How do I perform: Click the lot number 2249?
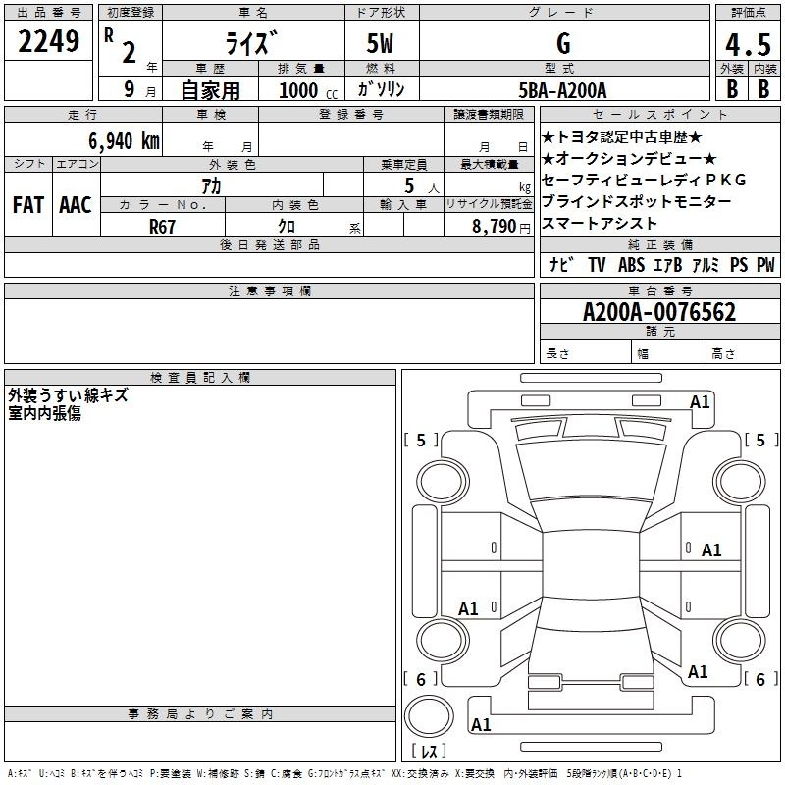pyautogui.click(x=48, y=41)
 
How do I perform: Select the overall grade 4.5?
pyautogui.click(x=748, y=44)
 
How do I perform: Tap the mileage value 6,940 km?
pyautogui.click(x=125, y=141)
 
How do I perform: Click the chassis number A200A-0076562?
pyautogui.click(x=659, y=312)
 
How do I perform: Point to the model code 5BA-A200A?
pyautogui.click(x=562, y=90)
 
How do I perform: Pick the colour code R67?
pyautogui.click(x=162, y=227)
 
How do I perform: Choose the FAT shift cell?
pyautogui.click(x=28, y=205)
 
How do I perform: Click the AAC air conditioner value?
pyautogui.click(x=76, y=205)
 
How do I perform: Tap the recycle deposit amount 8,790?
pyautogui.click(x=494, y=227)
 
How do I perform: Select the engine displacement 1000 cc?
pyautogui.click(x=308, y=90)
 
